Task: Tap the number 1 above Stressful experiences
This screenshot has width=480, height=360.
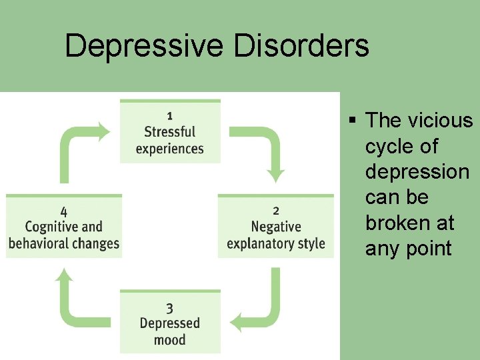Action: [x=170, y=115]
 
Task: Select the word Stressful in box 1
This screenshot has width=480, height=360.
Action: [x=170, y=131]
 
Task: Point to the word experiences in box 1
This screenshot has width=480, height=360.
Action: [x=170, y=148]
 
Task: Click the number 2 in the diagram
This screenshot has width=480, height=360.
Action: [x=276, y=210]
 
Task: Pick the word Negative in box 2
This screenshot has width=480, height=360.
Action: [x=276, y=227]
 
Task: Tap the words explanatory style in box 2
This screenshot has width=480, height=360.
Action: [x=276, y=243]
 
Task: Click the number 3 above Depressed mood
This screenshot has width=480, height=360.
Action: [x=169, y=307]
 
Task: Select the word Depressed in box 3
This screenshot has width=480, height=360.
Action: [x=169, y=323]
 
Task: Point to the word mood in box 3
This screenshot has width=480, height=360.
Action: [x=169, y=340]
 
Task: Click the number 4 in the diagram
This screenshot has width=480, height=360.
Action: [x=63, y=211]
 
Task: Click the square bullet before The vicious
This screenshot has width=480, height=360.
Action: [x=353, y=121]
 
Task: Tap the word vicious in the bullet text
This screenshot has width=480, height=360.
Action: [x=447, y=121]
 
